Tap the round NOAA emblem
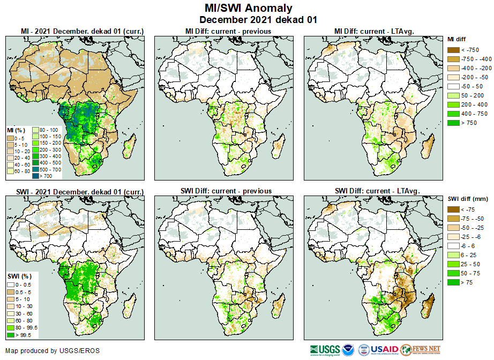[348, 350]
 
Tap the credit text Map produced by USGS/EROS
[53, 351]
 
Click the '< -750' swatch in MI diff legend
[453, 50]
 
